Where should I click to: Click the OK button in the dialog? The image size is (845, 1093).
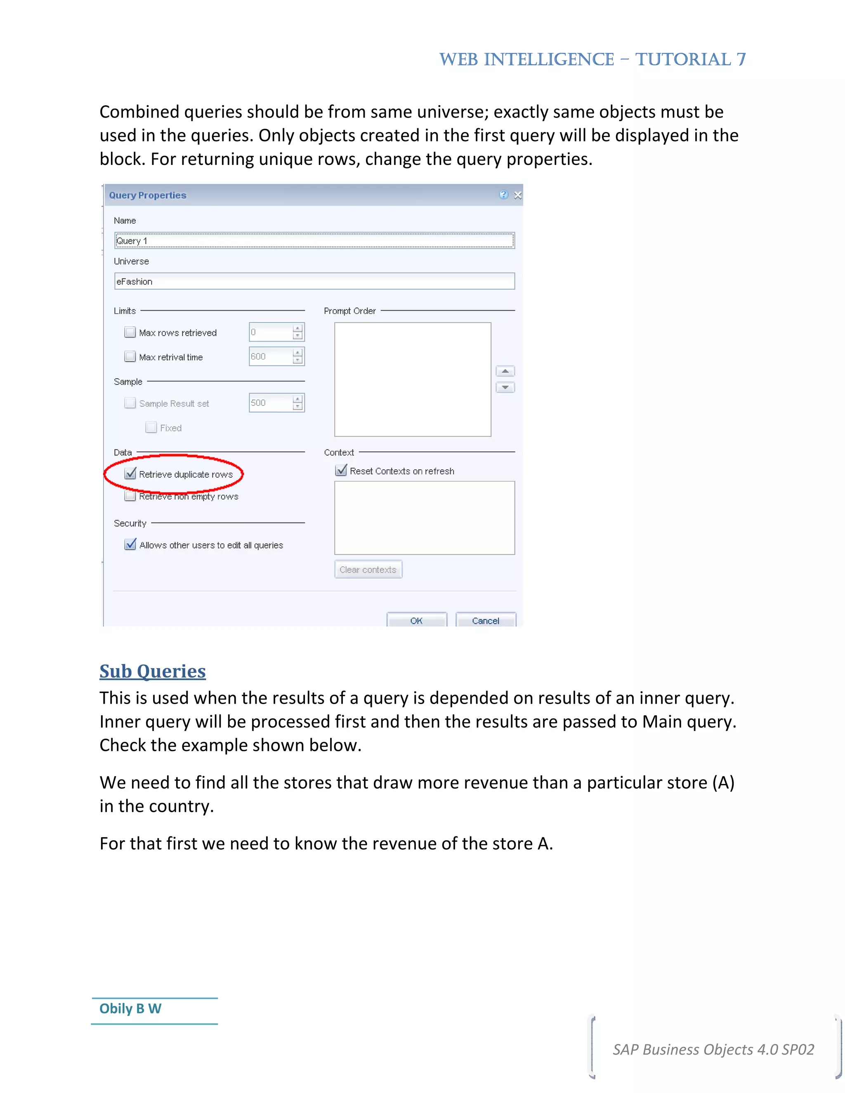(416, 620)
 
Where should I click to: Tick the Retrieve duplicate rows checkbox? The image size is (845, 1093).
(130, 473)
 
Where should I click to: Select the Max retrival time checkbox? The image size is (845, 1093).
(130, 357)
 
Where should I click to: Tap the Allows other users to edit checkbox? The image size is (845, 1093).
(130, 544)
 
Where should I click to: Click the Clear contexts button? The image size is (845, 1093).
(368, 570)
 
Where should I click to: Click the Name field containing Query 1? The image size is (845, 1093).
(314, 241)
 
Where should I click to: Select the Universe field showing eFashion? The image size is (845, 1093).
(314, 281)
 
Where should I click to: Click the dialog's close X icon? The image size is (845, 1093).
(518, 195)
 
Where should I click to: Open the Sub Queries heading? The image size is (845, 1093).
(153, 671)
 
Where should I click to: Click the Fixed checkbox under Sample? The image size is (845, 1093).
(151, 427)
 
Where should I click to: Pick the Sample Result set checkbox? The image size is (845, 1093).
(130, 403)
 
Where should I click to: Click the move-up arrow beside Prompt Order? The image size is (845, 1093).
(505, 371)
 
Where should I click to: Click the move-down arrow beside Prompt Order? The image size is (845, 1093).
(505, 387)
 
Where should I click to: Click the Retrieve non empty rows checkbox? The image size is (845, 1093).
(130, 496)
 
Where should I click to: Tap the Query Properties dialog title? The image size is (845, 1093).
(148, 195)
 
